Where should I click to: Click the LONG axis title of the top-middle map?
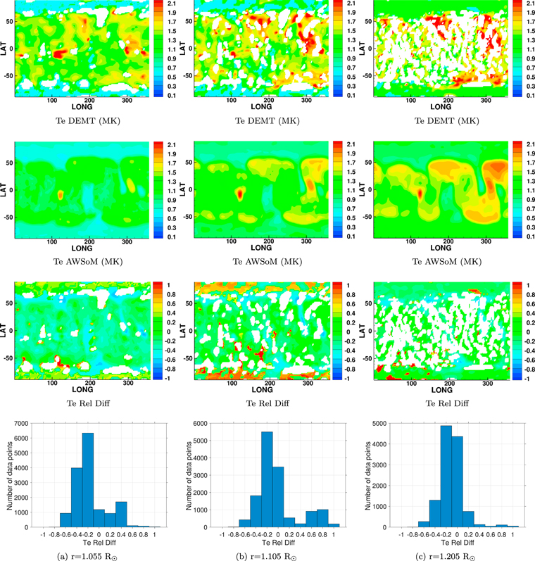click(262, 106)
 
